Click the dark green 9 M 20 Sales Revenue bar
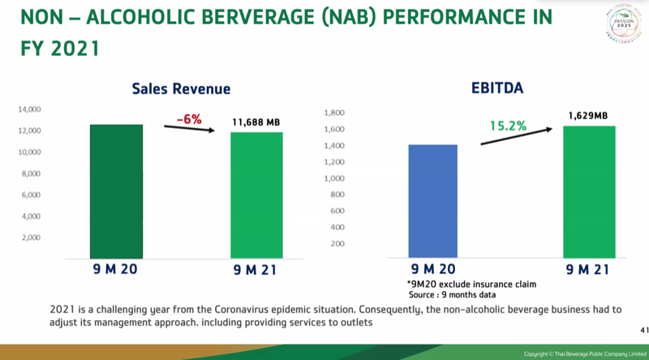tap(115, 191)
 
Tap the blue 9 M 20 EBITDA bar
tap(426, 201)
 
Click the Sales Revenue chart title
tap(181, 89)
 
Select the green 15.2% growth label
tap(508, 126)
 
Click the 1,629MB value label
tap(587, 116)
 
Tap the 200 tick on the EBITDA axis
tap(337, 243)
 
